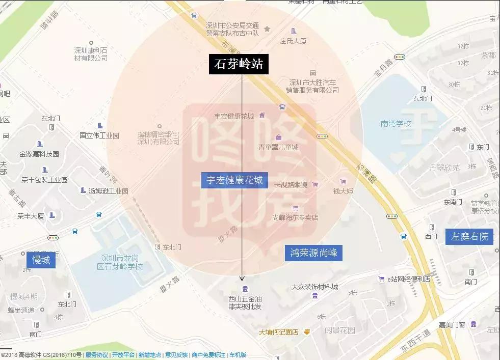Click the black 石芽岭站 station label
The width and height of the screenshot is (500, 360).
(x=239, y=64)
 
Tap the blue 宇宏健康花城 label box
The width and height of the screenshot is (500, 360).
(x=234, y=180)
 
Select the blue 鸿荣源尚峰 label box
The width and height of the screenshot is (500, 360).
(x=313, y=252)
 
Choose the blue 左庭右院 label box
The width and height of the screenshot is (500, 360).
(x=469, y=236)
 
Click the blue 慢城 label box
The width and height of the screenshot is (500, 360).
(x=41, y=260)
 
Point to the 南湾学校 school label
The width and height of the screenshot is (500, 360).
(x=396, y=123)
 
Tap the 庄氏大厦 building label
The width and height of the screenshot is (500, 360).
(x=293, y=41)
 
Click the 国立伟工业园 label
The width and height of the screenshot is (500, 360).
(x=99, y=135)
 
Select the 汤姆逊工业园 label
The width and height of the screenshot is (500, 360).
(x=108, y=191)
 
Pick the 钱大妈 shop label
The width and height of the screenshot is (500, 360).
(x=343, y=191)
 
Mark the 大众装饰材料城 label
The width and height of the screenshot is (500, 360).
(x=314, y=287)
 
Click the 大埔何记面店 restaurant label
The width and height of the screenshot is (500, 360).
(x=278, y=332)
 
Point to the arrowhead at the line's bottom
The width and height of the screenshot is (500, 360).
(x=242, y=278)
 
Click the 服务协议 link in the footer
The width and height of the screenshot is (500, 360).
(x=96, y=355)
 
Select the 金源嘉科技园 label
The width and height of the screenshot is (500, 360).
(x=39, y=154)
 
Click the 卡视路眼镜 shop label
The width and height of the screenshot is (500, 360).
(x=291, y=184)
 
